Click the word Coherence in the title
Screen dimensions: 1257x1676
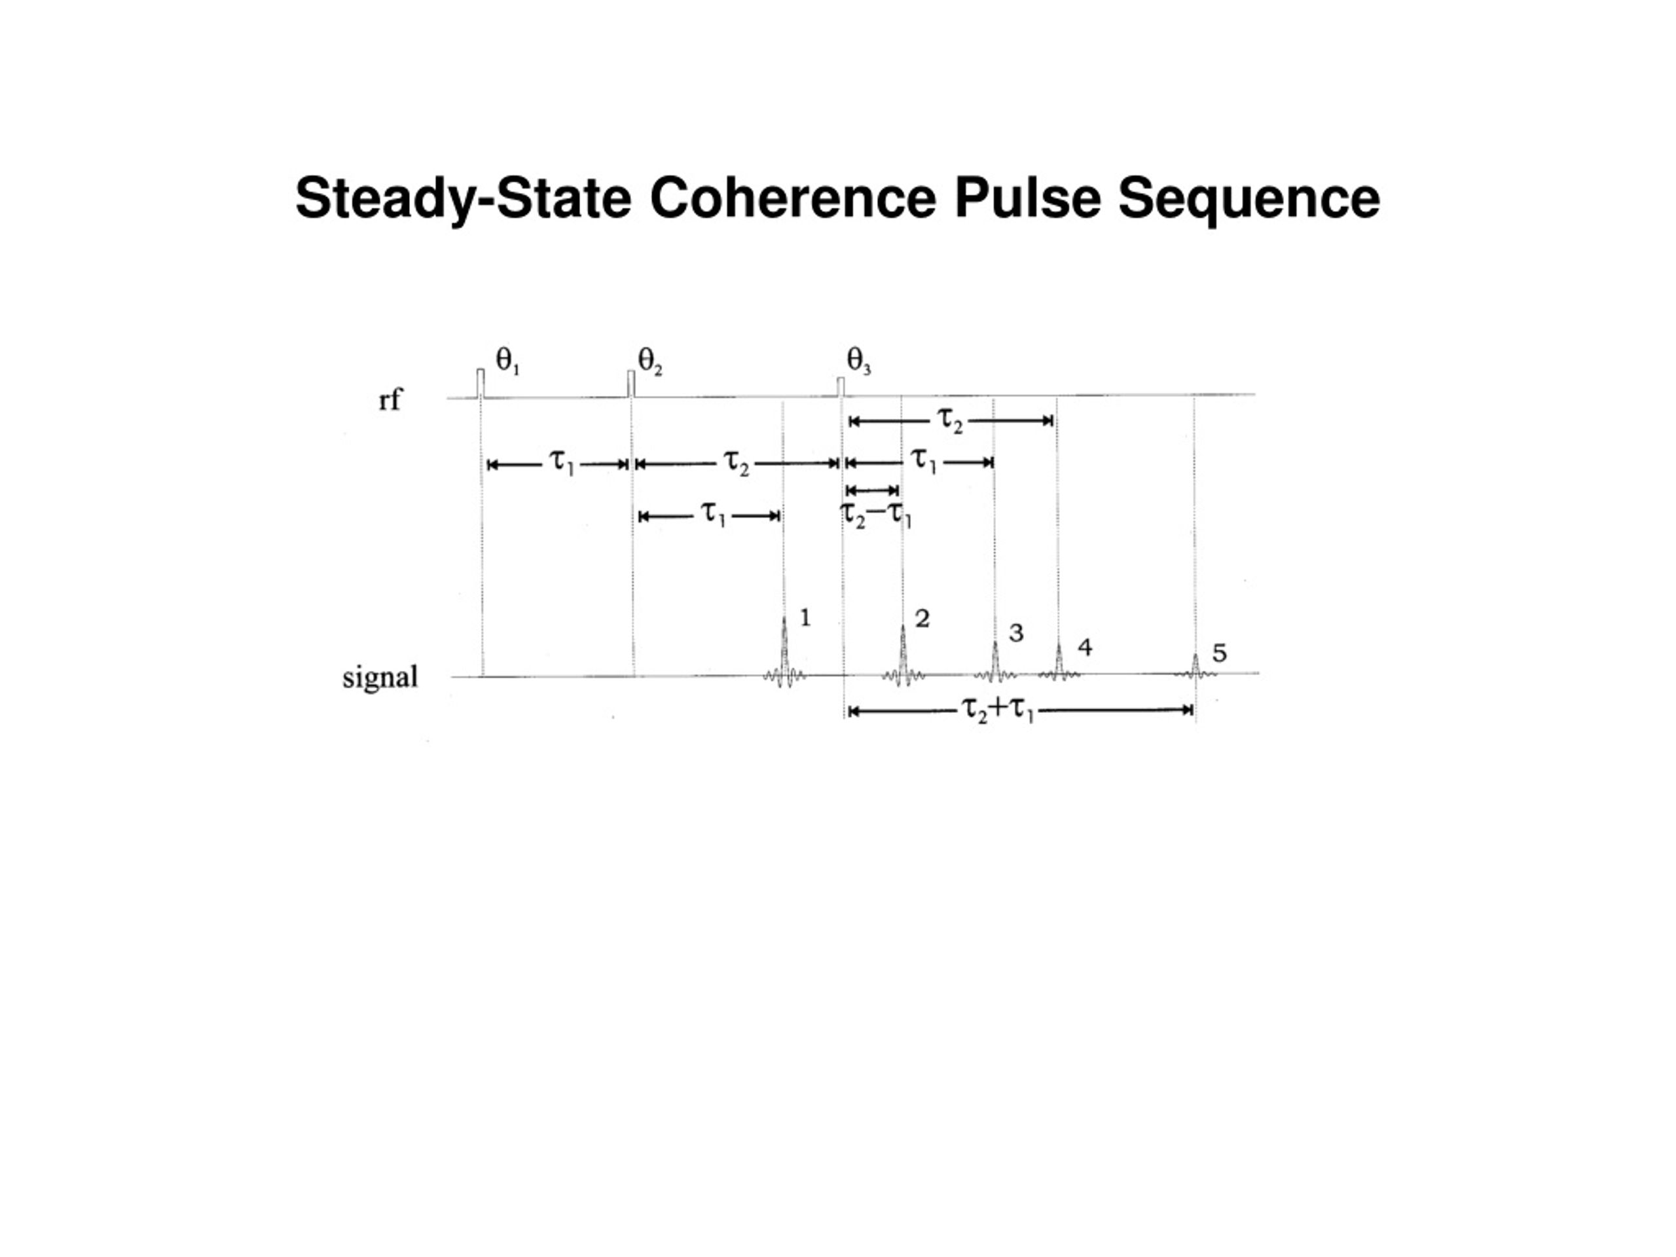[793, 198]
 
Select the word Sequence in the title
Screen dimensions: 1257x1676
[1248, 199]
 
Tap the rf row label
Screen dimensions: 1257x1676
[390, 399]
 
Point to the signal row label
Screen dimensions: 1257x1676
[380, 676]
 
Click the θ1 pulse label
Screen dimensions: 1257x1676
[507, 361]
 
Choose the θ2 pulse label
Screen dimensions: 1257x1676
[649, 361]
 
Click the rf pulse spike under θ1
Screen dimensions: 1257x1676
[481, 382]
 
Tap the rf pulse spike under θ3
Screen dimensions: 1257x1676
[840, 386]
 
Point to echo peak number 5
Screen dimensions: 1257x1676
[1195, 665]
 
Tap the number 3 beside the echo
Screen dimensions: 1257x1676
[1016, 632]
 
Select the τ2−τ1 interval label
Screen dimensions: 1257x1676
[876, 515]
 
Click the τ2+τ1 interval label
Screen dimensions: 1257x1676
[997, 710]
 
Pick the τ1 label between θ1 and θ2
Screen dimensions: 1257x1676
[562, 462]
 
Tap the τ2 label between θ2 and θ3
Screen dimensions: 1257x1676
[736, 462]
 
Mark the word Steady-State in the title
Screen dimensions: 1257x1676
[463, 199]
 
